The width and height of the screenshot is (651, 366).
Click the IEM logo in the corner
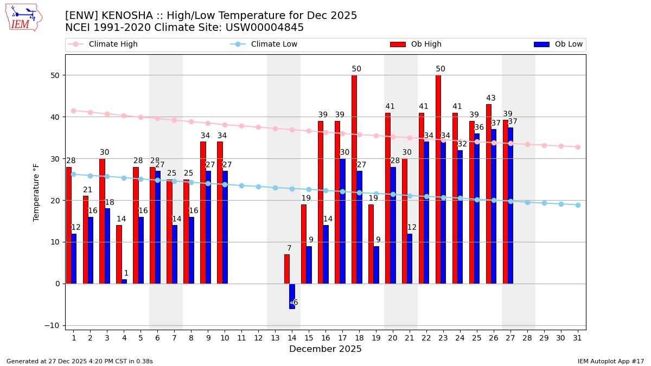pyautogui.click(x=23, y=17)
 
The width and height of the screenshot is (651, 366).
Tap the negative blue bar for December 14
pyautogui.click(x=292, y=296)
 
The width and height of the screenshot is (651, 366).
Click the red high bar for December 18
pyautogui.click(x=354, y=179)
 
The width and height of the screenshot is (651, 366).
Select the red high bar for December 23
pyautogui.click(x=438, y=179)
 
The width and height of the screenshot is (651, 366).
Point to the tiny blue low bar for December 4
pyautogui.click(x=124, y=281)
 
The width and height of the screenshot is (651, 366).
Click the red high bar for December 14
pyautogui.click(x=287, y=269)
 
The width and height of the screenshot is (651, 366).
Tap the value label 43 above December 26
pyautogui.click(x=491, y=98)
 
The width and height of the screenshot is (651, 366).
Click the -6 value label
pyautogui.click(x=295, y=303)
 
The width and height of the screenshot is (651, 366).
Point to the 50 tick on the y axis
pyautogui.click(x=55, y=75)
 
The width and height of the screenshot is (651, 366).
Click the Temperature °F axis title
pyautogui.click(x=36, y=192)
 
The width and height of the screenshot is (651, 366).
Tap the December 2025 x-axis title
pyautogui.click(x=325, y=349)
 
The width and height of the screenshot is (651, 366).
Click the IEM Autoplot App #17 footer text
pyautogui.click(x=611, y=361)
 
